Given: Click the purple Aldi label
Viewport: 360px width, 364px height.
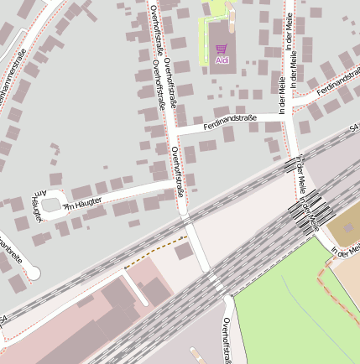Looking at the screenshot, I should click(x=222, y=60).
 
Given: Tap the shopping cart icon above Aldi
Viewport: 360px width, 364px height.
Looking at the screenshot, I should click(x=222, y=49).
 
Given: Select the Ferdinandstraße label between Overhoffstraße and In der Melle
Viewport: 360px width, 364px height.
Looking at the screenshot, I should click(x=229, y=122).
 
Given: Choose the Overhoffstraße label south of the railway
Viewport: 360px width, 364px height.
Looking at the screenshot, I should click(x=227, y=340).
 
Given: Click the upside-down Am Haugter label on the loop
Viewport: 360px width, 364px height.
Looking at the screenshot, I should click(x=37, y=206).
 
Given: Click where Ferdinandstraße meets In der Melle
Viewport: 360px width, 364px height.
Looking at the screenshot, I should click(x=287, y=116).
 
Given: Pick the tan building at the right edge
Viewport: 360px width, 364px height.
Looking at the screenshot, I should click(x=344, y=222).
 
